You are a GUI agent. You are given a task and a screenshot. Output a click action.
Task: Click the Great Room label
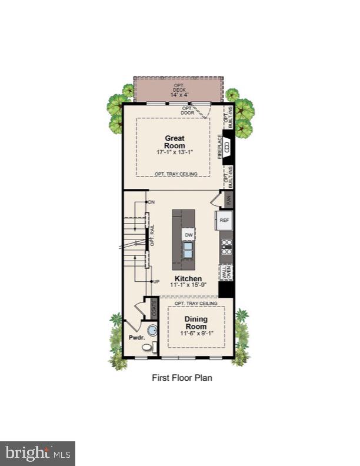(x=175, y=142)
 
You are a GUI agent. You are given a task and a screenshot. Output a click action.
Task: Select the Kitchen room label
(x=188, y=278)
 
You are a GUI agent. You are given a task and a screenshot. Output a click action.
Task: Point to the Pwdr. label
(x=136, y=338)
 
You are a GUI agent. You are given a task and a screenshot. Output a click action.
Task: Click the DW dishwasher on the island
(x=189, y=235)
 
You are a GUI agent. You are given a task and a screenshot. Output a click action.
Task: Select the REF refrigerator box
(x=224, y=220)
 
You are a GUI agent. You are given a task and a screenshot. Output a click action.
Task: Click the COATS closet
(x=154, y=308)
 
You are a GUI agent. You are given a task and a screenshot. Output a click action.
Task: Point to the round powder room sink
(x=152, y=330)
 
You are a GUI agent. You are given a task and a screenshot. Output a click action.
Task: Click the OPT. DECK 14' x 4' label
(x=178, y=91)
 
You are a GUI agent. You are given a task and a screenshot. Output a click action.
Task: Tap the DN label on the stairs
(x=152, y=202)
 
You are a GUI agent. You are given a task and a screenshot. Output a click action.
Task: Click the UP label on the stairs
(x=156, y=282)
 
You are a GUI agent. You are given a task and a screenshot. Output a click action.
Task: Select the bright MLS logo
(x=37, y=454)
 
